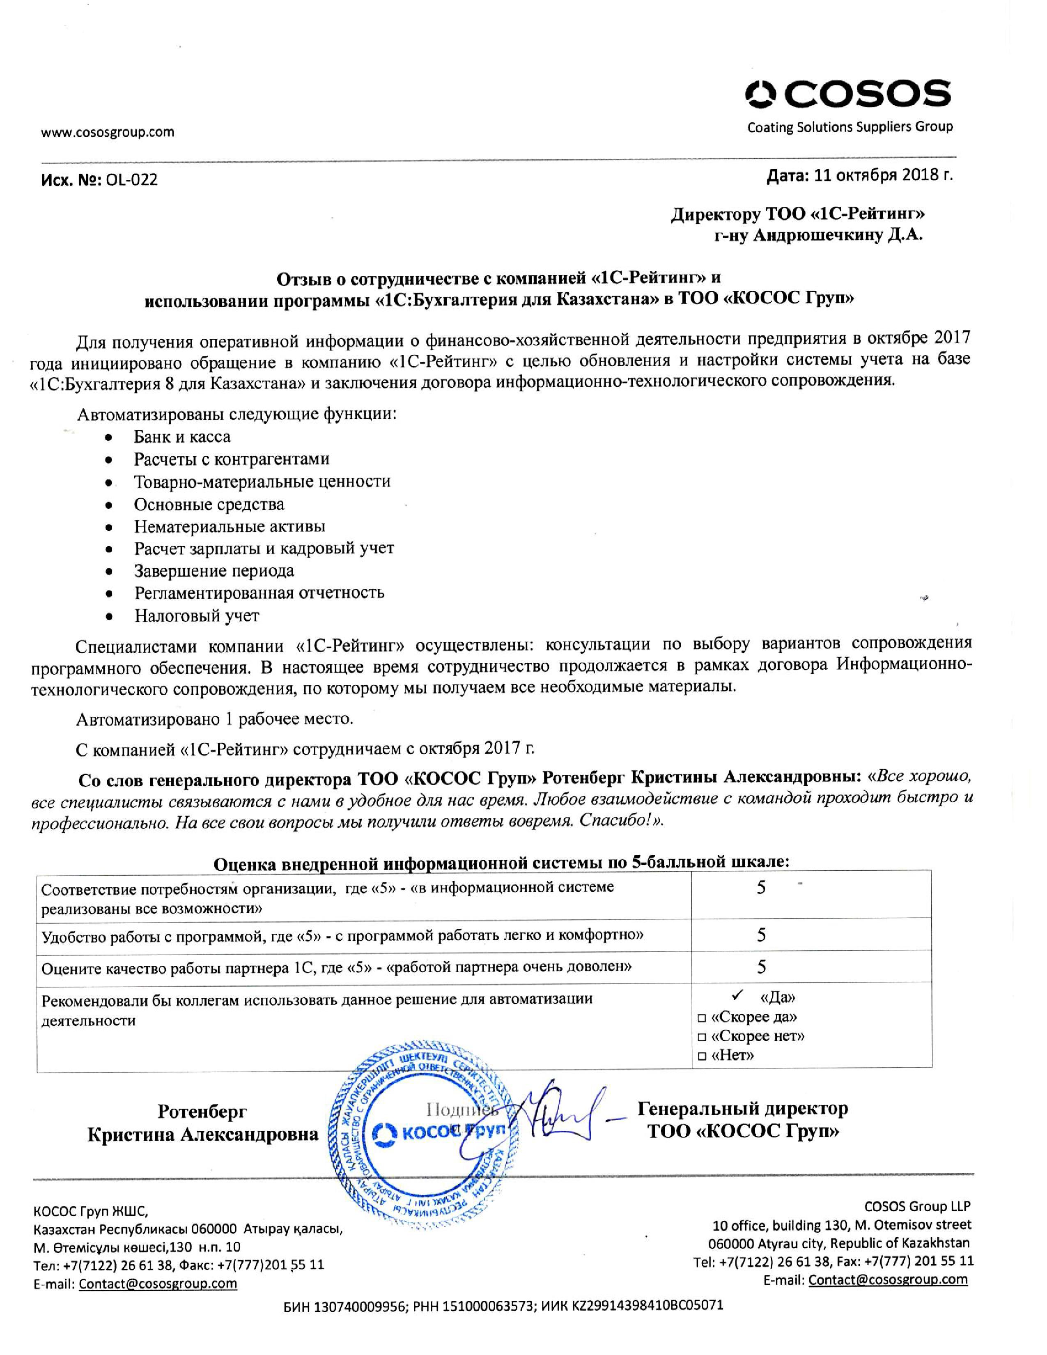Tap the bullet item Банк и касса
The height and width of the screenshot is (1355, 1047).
(x=182, y=437)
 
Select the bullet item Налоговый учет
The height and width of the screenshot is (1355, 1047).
(x=197, y=615)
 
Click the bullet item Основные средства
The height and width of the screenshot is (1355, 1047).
(x=209, y=504)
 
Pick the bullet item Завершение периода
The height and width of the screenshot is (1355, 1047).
(x=214, y=571)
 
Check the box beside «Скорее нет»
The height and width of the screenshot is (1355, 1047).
(x=702, y=1037)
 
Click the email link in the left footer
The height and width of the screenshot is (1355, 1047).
(x=158, y=1284)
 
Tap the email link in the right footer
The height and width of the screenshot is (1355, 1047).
(x=888, y=1279)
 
